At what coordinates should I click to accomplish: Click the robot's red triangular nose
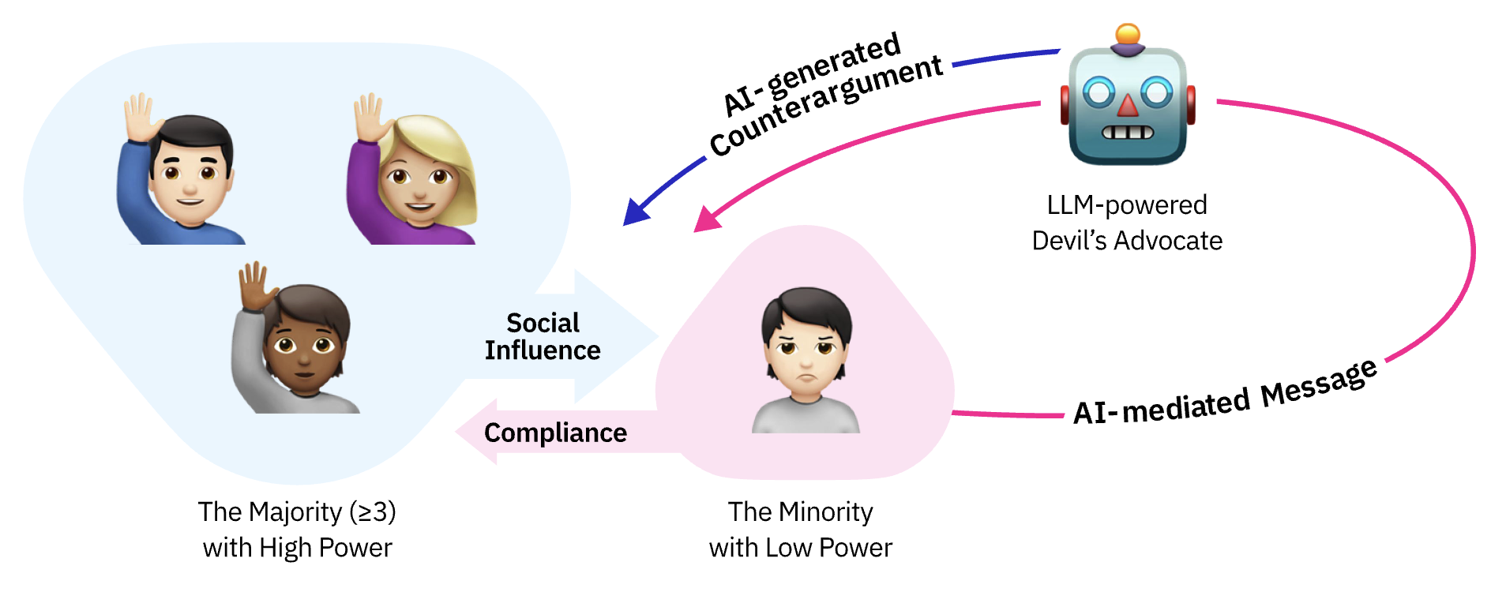pyautogui.click(x=1128, y=105)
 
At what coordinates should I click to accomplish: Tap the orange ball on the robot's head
pyautogui.click(x=1127, y=34)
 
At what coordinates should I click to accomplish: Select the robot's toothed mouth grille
pyautogui.click(x=1128, y=132)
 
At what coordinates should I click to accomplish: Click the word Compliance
pyautogui.click(x=555, y=433)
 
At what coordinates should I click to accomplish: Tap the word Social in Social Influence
pyautogui.click(x=543, y=323)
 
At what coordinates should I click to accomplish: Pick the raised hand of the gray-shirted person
pyautogui.click(x=254, y=284)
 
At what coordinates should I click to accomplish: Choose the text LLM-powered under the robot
pyautogui.click(x=1127, y=205)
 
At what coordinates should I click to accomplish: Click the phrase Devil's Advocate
pyautogui.click(x=1127, y=240)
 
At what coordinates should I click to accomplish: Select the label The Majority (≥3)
pyautogui.click(x=297, y=511)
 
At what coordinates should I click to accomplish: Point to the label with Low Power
pyautogui.click(x=800, y=548)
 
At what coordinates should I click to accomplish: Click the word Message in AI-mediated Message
pyautogui.click(x=1318, y=383)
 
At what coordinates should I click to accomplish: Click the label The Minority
pyautogui.click(x=800, y=511)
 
